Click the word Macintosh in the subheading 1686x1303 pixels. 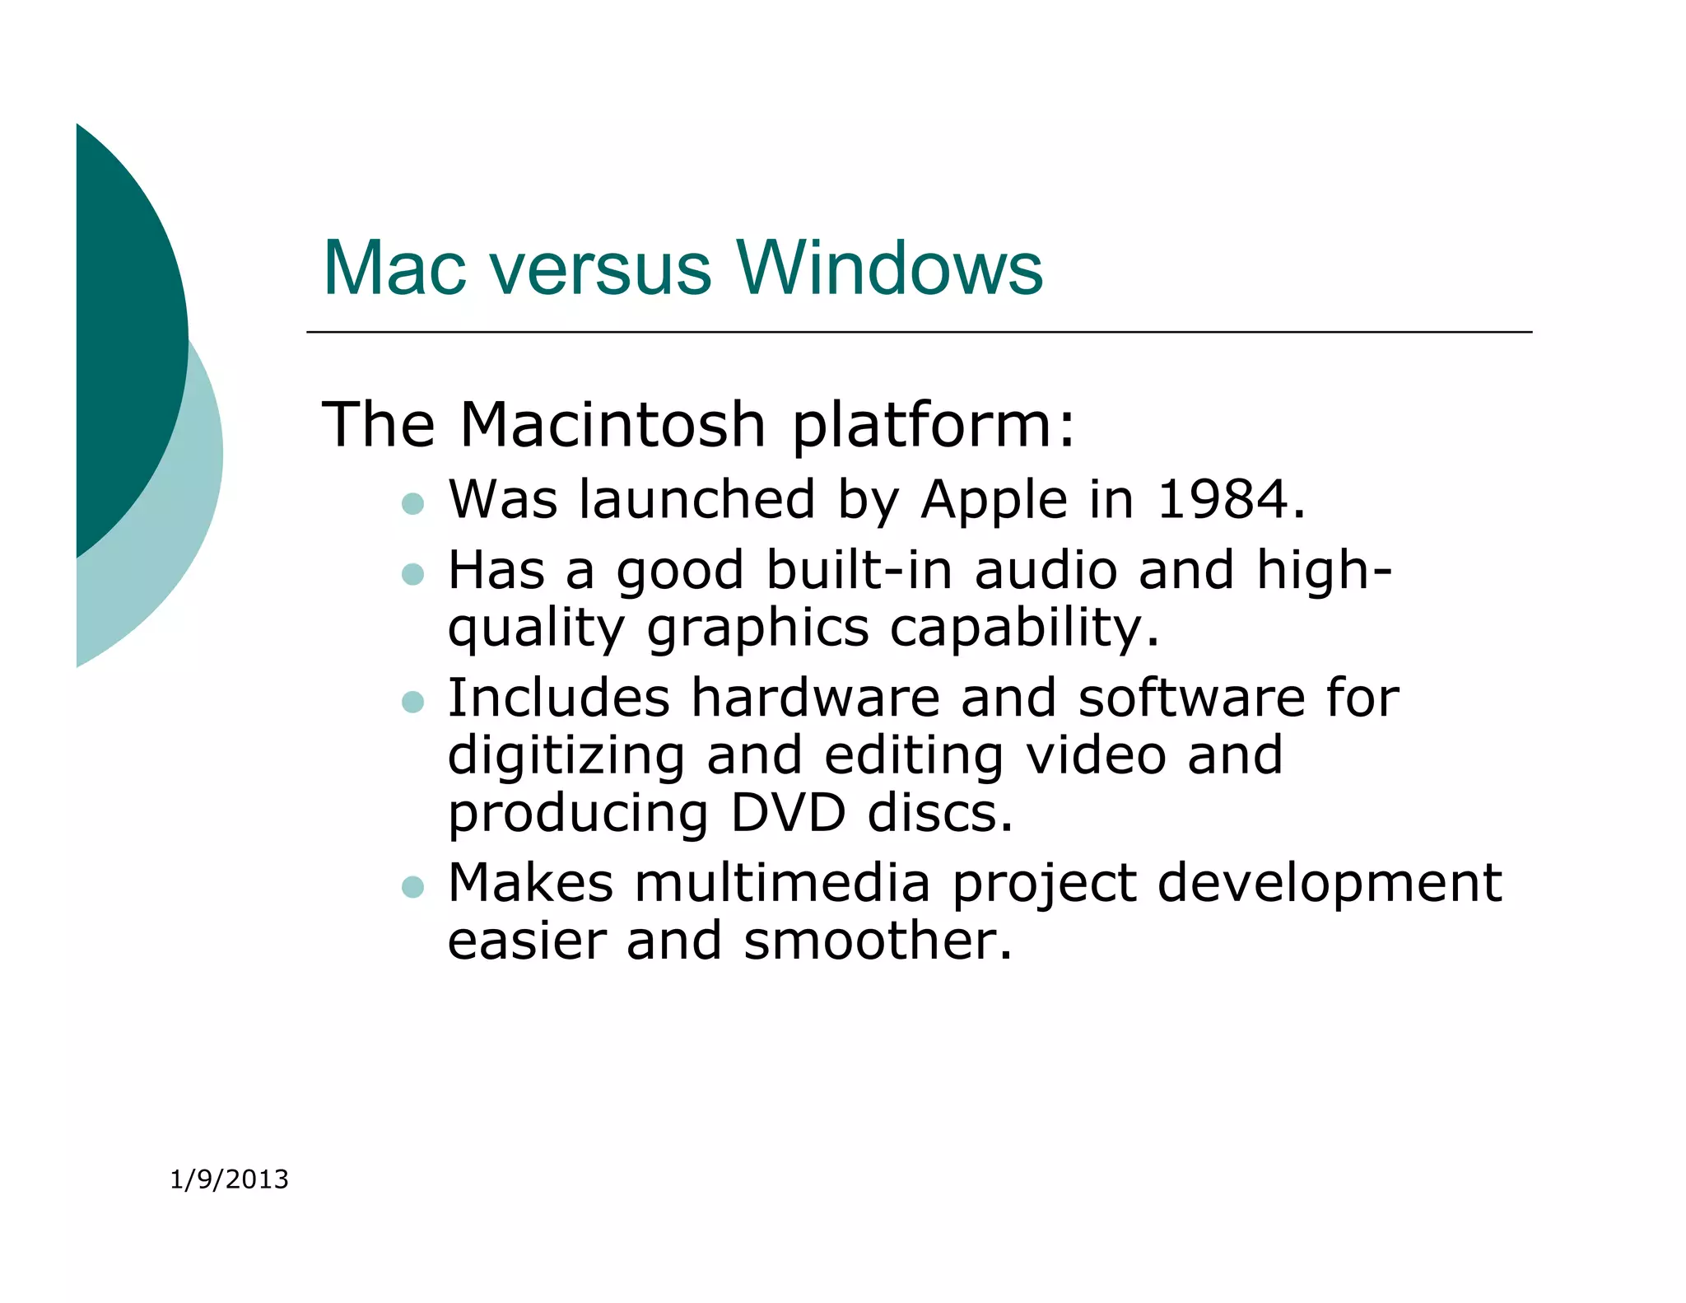[x=613, y=425]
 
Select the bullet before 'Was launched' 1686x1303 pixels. [x=412, y=503]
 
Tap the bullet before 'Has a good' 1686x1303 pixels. [x=412, y=573]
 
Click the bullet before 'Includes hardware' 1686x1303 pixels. [x=412, y=702]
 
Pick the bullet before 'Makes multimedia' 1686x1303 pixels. [x=412, y=887]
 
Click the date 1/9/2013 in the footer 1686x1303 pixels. [x=229, y=1179]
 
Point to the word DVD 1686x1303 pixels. [x=788, y=814]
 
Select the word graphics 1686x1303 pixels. [x=757, y=630]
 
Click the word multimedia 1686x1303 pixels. [x=782, y=884]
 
